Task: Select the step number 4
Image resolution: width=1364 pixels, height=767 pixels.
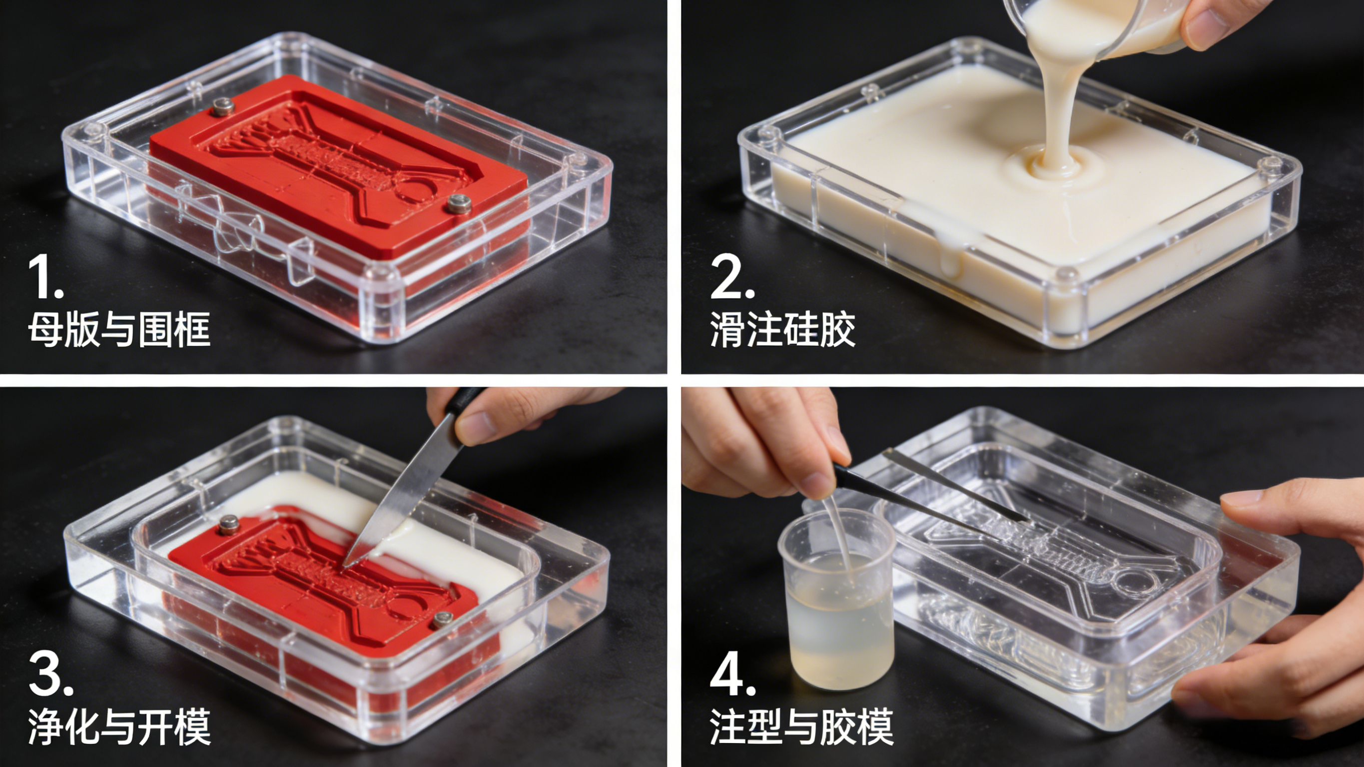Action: pos(733,674)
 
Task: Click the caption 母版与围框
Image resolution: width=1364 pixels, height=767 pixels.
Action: pos(119,329)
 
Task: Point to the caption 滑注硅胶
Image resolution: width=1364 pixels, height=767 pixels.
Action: pos(782,329)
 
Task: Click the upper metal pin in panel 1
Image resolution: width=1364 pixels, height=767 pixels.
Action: pos(222,107)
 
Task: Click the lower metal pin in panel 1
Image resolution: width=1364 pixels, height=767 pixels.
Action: pos(459,203)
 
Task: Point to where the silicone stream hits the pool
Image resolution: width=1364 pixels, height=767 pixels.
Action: pos(1051,168)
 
